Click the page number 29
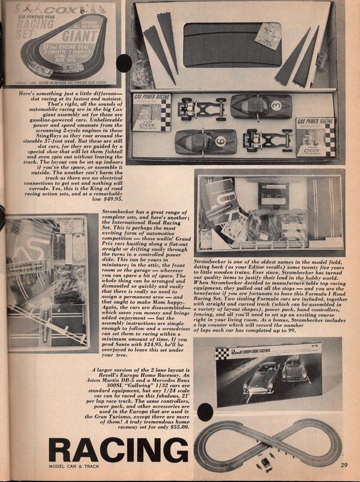(x=344, y=464)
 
